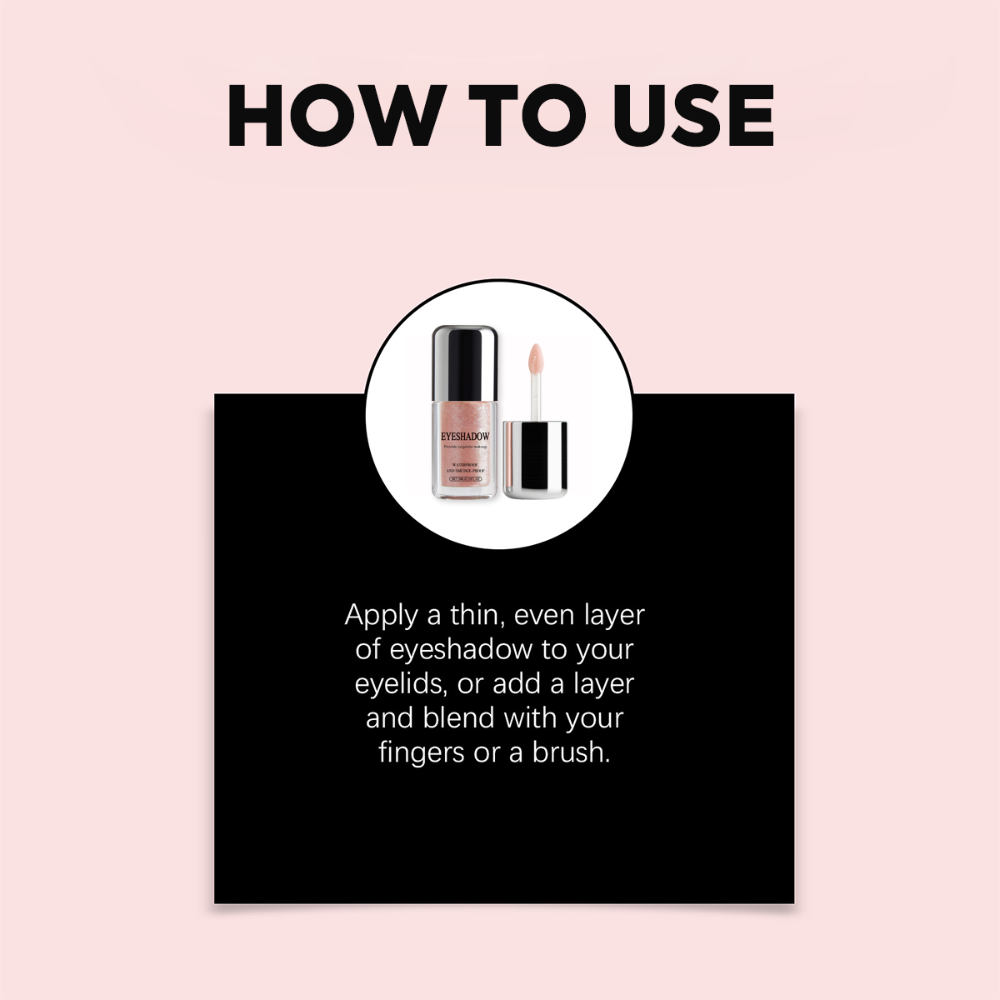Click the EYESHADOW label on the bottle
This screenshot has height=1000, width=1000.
pos(466,436)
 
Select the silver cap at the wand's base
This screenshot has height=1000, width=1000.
pos(536,459)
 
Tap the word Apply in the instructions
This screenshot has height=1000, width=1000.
pos(381,616)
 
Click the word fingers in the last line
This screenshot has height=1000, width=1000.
pos(421,752)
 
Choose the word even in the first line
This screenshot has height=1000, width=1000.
pos(544,616)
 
